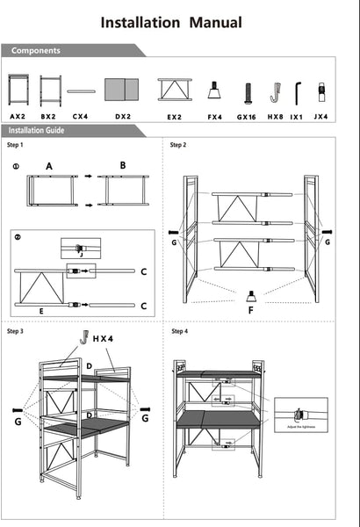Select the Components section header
36,51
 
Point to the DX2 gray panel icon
121,90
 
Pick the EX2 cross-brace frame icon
175,90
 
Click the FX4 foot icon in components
213,90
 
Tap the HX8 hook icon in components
275,90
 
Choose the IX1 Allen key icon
299,90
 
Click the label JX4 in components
322,115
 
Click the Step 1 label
16,145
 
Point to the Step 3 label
16,331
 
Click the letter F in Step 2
251,309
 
